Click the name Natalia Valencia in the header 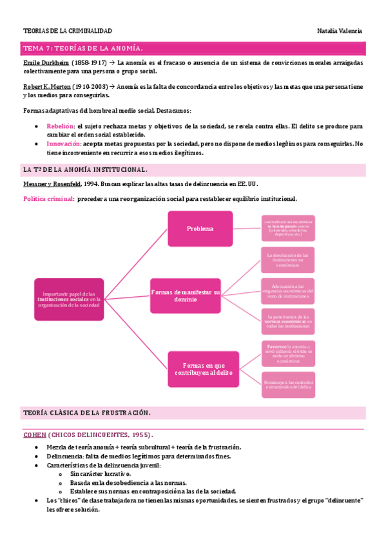[x=340, y=31]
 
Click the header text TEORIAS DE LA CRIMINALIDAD [x=67, y=31]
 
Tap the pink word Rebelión [x=61, y=127]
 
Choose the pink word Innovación [x=63, y=144]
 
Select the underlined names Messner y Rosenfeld [x=51, y=184]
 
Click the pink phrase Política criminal [x=48, y=199]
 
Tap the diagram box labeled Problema [x=200, y=229]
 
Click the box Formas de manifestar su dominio [x=186, y=296]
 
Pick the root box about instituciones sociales [x=69, y=299]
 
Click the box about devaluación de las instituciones [x=288, y=260]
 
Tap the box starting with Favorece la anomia [x=288, y=353]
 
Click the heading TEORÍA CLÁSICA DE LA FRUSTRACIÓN [x=86, y=412]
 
